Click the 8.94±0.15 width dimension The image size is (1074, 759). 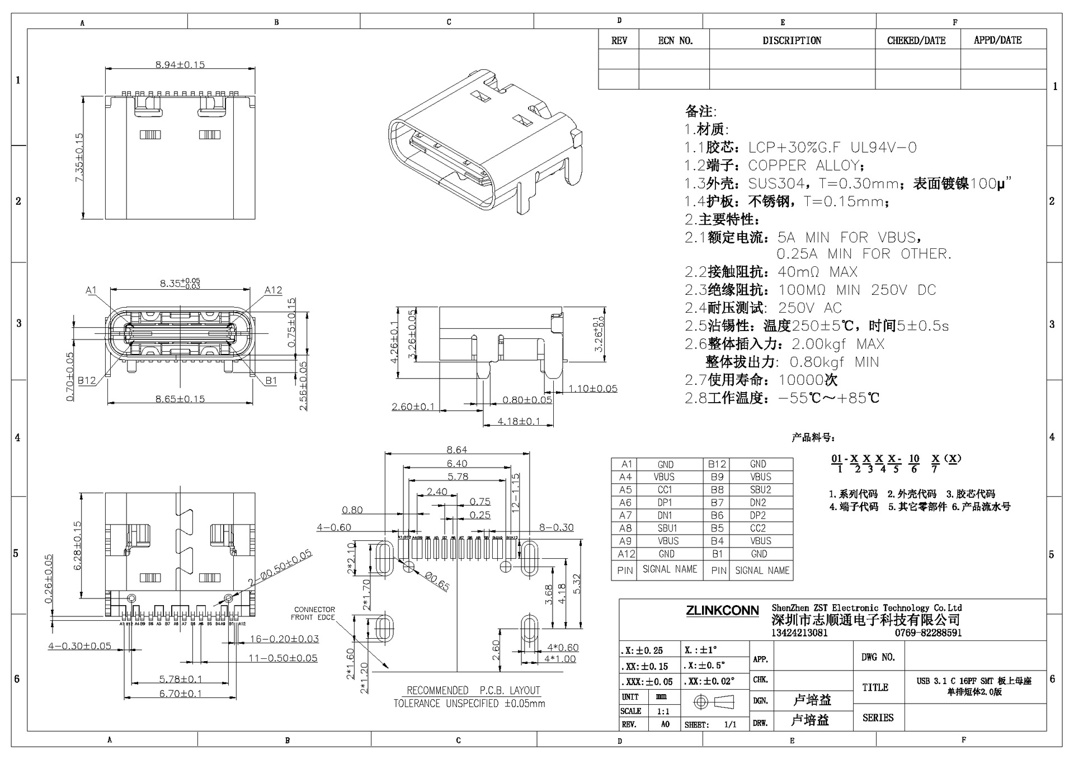point(180,64)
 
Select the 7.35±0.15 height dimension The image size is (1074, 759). point(79,157)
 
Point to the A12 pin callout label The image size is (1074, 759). point(273,290)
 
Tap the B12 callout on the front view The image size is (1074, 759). point(86,380)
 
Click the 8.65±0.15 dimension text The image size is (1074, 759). point(180,399)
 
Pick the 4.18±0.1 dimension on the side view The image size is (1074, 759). point(519,421)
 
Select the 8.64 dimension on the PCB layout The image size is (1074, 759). point(456,450)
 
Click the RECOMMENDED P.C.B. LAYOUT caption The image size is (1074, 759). point(473,690)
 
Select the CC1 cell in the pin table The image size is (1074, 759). point(665,490)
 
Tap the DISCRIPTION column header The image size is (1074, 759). point(792,40)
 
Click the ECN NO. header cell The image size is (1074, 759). point(675,40)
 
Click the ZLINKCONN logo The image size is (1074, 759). point(722,611)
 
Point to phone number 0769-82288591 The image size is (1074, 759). point(928,633)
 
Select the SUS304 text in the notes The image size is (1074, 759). point(776,183)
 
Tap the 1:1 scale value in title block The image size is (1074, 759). point(663,711)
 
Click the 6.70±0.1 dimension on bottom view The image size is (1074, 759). point(180,694)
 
